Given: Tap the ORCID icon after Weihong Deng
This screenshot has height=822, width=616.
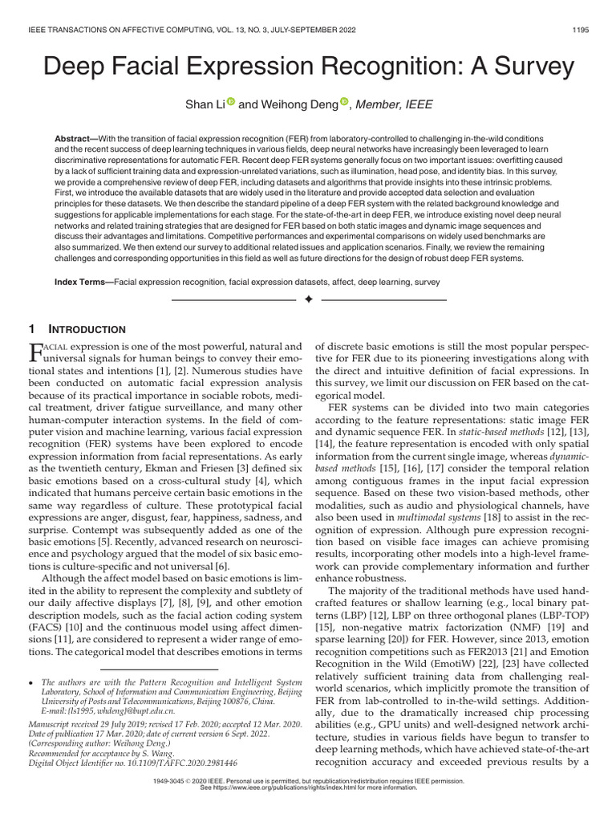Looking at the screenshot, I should [345, 101].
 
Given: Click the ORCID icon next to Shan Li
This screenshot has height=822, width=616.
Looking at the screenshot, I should [230, 101].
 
